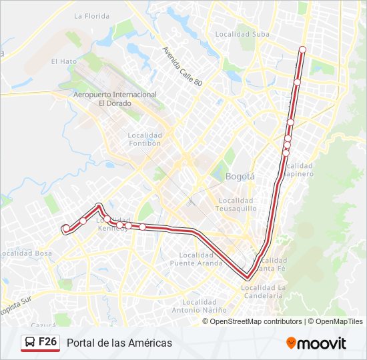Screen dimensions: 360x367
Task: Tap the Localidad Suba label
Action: (242, 34)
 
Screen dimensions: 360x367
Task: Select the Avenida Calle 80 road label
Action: (181, 65)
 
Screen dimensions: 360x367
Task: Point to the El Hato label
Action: (64, 61)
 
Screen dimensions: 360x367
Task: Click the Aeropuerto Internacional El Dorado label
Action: (114, 99)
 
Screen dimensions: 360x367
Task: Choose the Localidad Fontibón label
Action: (145, 139)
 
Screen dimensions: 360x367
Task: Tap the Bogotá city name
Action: (240, 177)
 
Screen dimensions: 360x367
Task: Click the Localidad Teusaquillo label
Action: (235, 204)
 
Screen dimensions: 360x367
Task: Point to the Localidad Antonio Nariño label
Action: (200, 306)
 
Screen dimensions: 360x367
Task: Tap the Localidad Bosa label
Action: (26, 253)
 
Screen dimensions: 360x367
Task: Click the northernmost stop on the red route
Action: (302, 49)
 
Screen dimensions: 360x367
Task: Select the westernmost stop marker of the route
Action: (66, 229)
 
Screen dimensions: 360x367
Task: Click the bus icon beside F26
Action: (30, 343)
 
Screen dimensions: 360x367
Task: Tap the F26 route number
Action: (47, 342)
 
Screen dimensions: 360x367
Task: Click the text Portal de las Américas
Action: (119, 343)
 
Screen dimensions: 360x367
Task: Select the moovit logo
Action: (316, 343)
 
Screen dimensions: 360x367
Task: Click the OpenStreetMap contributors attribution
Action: (256, 321)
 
